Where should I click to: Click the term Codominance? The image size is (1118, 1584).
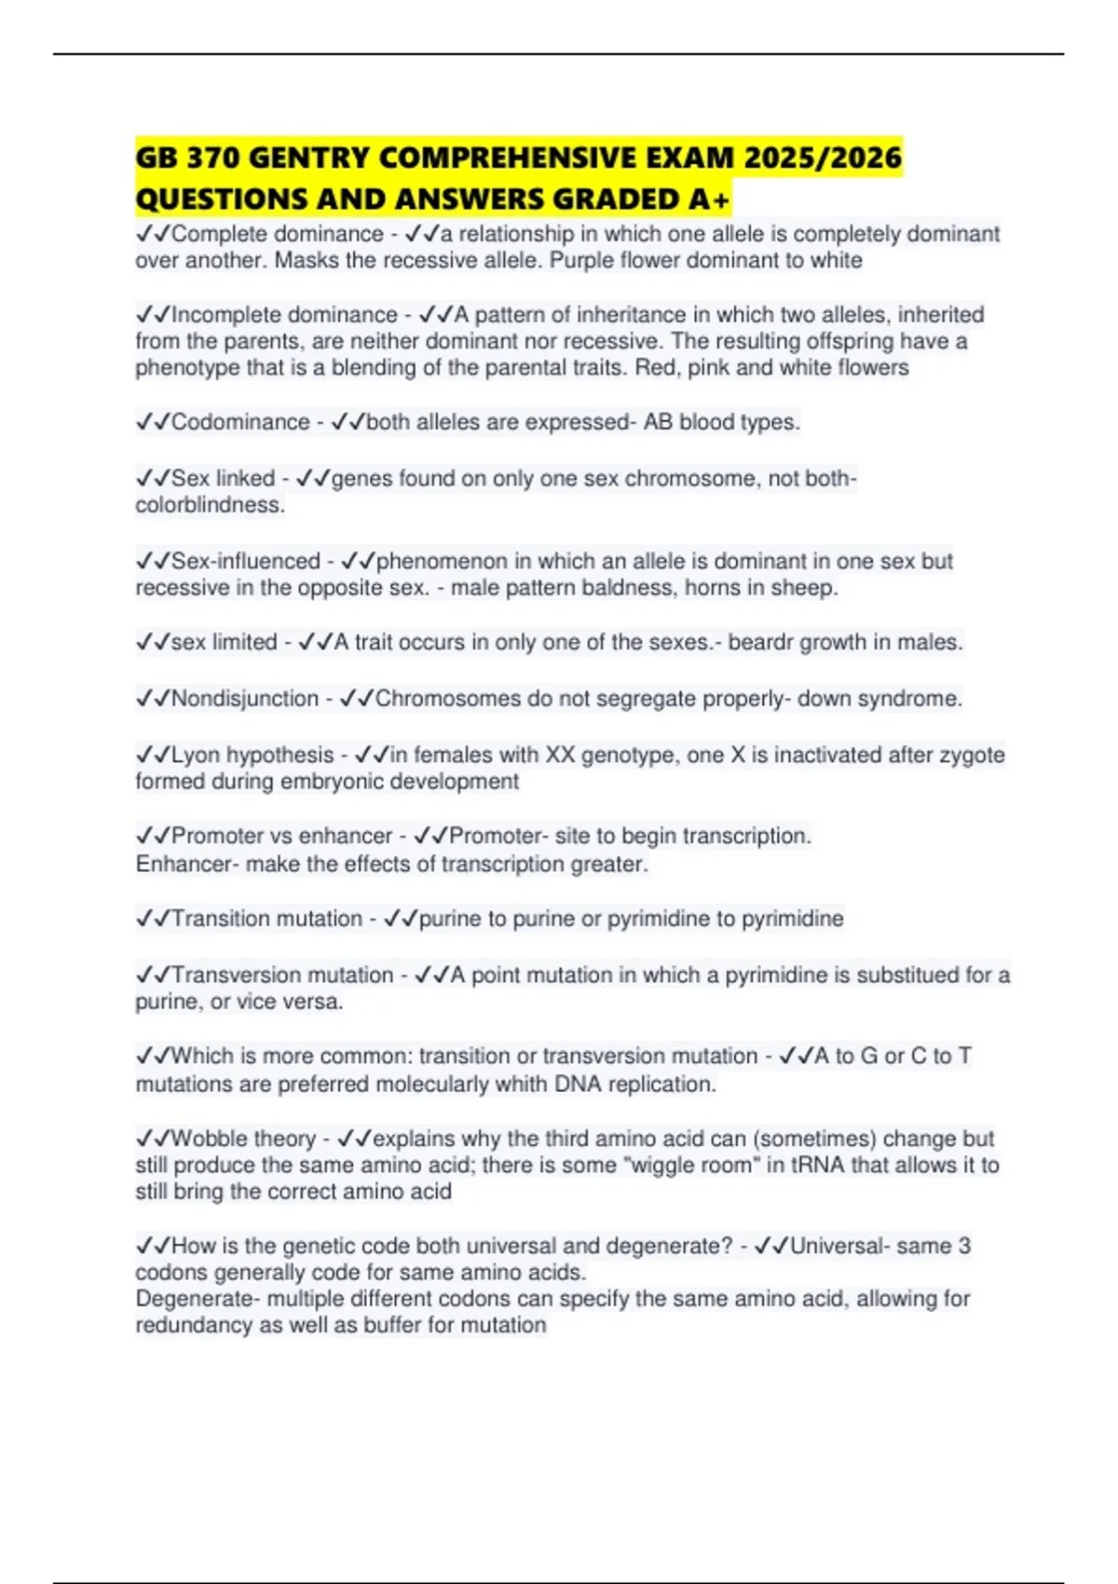pos(240,422)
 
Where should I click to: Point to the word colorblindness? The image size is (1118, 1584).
pos(210,505)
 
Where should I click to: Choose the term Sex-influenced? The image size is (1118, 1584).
pos(246,561)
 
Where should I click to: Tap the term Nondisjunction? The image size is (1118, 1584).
pos(245,699)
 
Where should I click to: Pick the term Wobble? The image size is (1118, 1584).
pos(210,1139)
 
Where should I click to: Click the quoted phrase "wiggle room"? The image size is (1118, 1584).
pos(695,1166)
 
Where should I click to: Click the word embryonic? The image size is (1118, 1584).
pos(323,782)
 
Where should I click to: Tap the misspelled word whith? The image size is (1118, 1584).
pos(521,1085)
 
